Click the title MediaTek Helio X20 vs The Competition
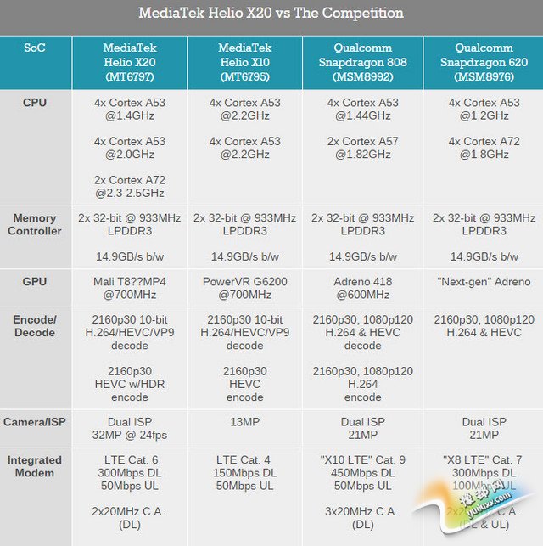(271, 14)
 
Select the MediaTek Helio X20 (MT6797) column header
(129, 62)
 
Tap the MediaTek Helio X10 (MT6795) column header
(244, 62)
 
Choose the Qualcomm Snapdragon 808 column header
(363, 62)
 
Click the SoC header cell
(35, 48)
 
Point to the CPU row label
(35, 103)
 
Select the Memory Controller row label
(35, 224)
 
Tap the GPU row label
(35, 281)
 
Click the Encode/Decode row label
(35, 326)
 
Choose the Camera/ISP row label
(35, 422)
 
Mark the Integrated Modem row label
(35, 466)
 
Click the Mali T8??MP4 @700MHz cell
(129, 289)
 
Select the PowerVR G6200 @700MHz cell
(244, 289)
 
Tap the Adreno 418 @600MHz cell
(363, 289)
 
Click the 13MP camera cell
(244, 422)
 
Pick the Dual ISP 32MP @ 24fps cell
(129, 429)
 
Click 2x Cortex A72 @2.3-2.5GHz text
(129, 187)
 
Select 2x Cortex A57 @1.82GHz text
(363, 148)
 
